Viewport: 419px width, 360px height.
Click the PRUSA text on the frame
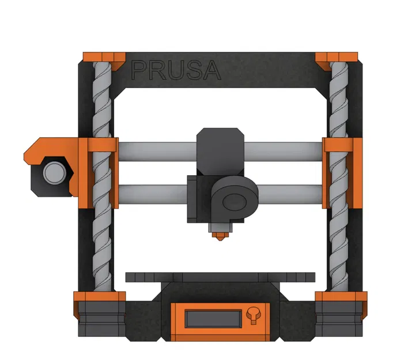tap(176, 70)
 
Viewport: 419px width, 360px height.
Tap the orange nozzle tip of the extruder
tap(218, 236)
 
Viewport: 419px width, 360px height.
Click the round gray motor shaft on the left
tap(54, 172)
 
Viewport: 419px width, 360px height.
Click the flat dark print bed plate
tap(221, 277)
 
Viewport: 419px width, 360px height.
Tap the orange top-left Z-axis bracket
tap(104, 57)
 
